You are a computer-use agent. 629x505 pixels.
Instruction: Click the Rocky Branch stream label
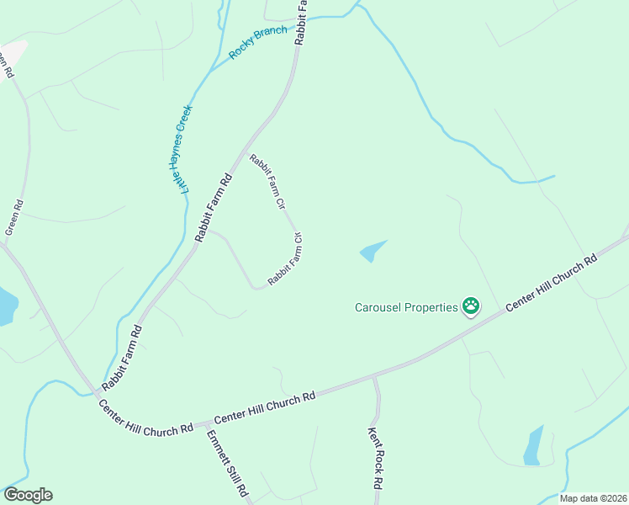(258, 43)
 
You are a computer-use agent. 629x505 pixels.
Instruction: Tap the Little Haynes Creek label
(182, 147)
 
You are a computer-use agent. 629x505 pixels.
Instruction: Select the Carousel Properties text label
(405, 307)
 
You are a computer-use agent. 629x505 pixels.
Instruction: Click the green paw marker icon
(471, 307)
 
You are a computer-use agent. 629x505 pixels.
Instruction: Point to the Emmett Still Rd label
(228, 463)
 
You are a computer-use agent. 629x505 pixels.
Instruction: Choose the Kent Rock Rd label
(375, 459)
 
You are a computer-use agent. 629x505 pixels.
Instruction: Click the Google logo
(28, 495)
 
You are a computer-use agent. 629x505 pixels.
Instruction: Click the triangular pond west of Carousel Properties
(372, 251)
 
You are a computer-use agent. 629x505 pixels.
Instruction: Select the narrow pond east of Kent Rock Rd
(533, 446)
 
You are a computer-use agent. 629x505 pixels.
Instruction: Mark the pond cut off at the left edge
(5, 306)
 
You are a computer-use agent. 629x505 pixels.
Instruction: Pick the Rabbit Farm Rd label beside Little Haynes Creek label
(213, 209)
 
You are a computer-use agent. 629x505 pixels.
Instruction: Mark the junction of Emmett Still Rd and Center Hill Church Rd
(204, 423)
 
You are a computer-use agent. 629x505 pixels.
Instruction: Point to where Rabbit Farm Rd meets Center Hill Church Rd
(95, 392)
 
